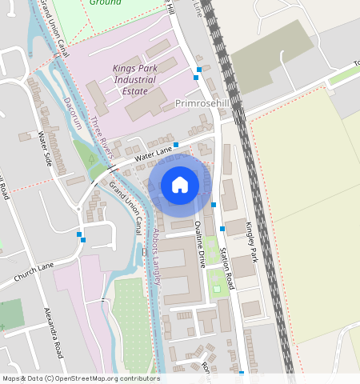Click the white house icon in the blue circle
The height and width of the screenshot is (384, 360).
[180, 185]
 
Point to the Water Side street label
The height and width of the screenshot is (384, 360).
[45, 148]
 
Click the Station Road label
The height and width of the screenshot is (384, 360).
[227, 267]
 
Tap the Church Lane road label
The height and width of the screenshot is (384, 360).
[34, 273]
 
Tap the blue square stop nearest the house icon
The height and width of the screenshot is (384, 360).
[214, 206]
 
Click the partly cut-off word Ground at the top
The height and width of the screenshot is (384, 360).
[105, 3]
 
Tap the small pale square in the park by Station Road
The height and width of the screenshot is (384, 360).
[216, 288]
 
